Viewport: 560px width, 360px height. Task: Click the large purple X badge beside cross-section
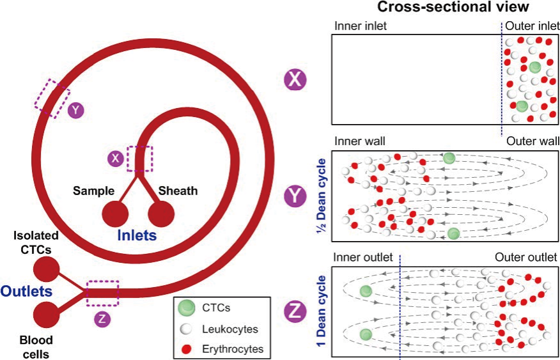click(296, 80)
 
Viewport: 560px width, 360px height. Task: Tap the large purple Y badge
click(296, 196)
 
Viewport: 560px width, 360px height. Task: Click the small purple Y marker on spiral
click(76, 111)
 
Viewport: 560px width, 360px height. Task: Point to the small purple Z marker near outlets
click(102, 318)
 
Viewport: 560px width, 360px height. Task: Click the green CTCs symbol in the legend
click(185, 308)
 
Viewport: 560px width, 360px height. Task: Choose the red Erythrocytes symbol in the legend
click(185, 349)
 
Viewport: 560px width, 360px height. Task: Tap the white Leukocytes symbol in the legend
click(185, 329)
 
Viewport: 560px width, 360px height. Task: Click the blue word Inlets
click(137, 236)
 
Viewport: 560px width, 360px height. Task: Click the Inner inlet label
click(361, 27)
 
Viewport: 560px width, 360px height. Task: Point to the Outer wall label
click(532, 141)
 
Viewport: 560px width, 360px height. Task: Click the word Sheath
click(178, 191)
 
